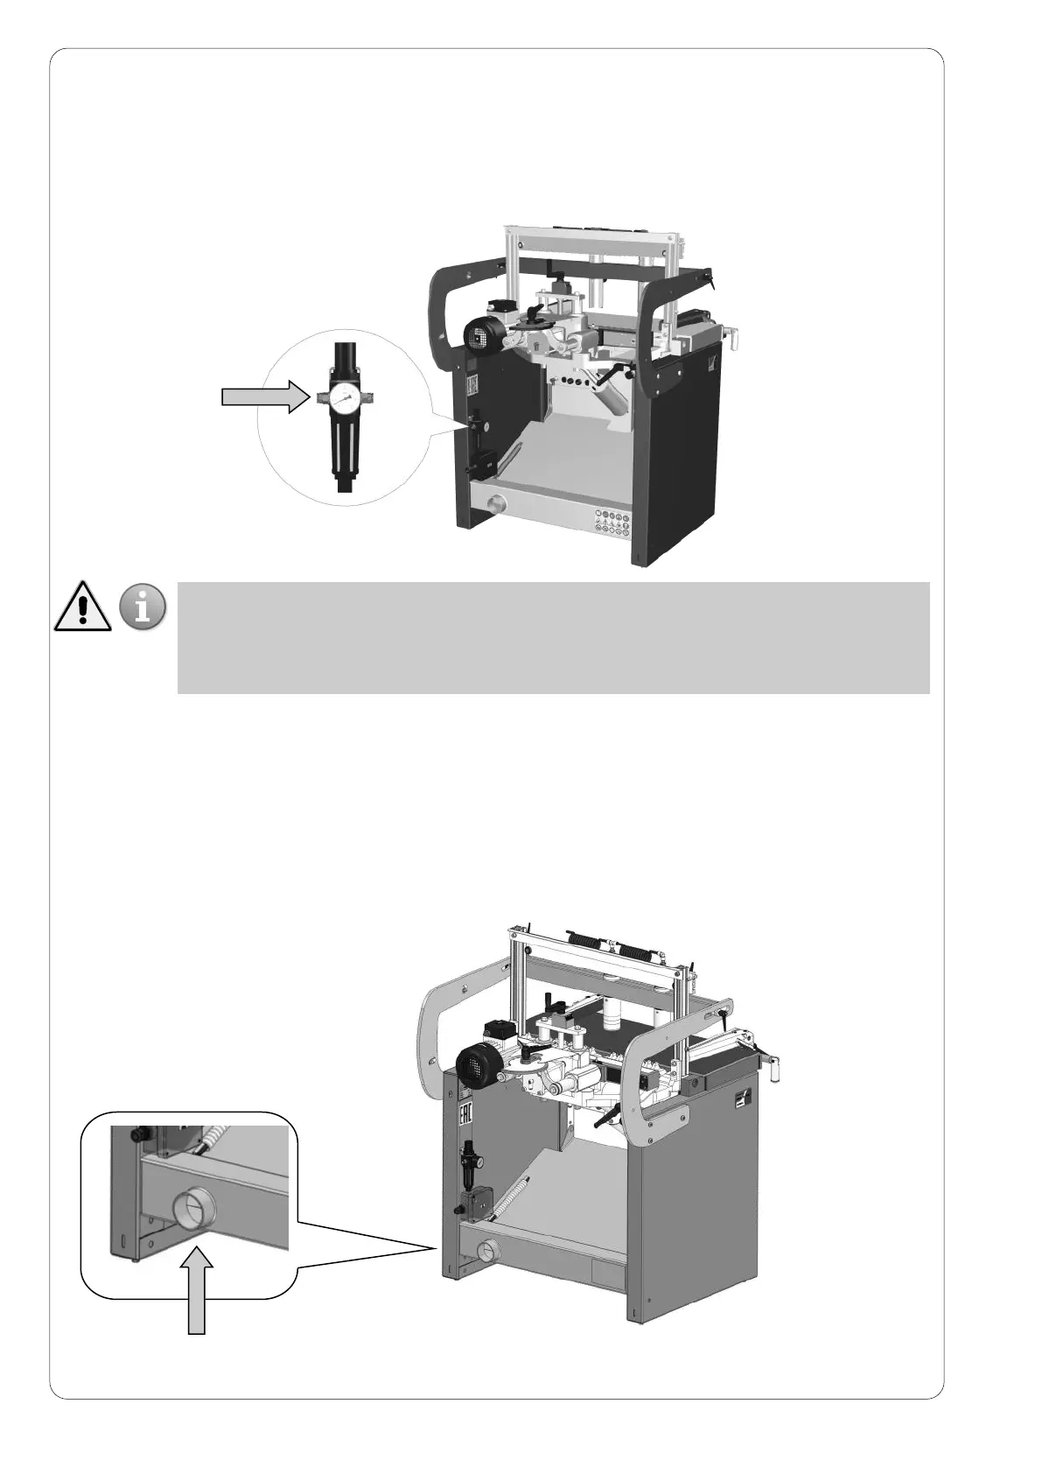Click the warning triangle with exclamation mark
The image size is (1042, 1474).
tap(82, 606)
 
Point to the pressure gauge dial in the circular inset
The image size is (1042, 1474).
tap(348, 399)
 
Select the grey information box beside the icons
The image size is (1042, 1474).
tap(552, 638)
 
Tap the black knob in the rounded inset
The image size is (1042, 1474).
tap(136, 1133)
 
